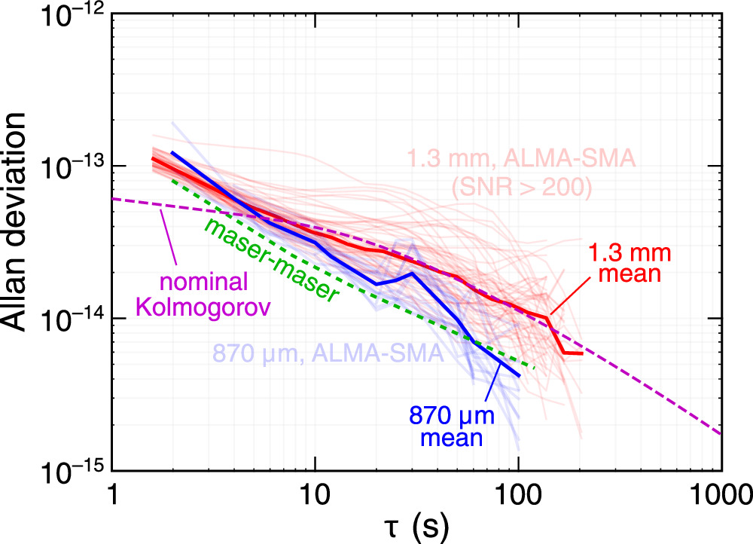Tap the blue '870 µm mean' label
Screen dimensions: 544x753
(x=446, y=426)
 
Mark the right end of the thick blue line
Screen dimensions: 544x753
(x=520, y=375)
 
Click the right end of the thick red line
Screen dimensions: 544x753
(x=582, y=353)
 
